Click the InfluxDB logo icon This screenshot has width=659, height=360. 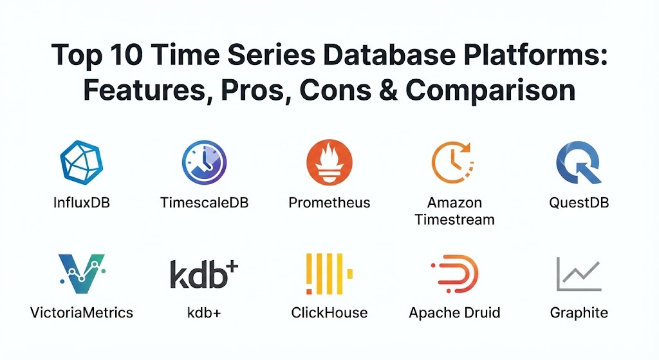point(82,162)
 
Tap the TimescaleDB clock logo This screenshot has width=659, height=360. point(204,162)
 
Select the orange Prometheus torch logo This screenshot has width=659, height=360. point(329,162)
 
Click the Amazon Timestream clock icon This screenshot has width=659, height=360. point(453,162)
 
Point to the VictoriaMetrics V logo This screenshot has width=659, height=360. point(82,273)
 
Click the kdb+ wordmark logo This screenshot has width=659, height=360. point(204,274)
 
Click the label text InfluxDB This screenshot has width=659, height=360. point(82,203)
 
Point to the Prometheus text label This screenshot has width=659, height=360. point(329,203)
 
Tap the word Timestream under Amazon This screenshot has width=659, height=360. point(455,220)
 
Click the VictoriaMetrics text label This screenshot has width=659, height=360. point(82,313)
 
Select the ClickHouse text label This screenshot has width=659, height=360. point(329,313)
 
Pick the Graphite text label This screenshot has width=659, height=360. point(579,313)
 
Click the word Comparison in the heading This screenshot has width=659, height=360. point(490,90)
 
